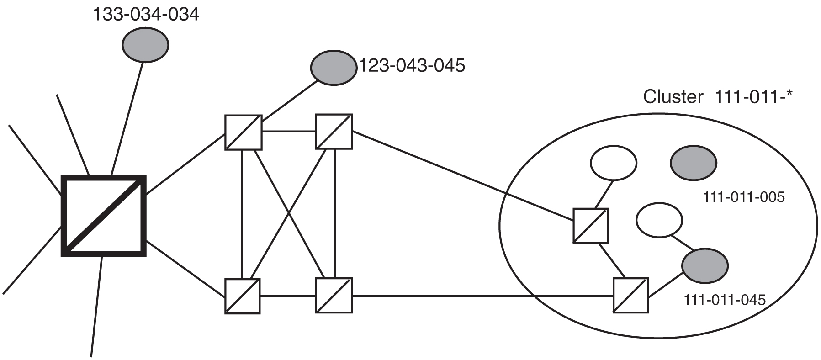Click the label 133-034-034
146,15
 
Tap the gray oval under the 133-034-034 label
145,44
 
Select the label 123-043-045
411,65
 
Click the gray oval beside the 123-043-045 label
334,68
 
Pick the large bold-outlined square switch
104,216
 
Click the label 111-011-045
724,300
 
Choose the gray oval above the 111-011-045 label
705,265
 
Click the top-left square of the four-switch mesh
244,132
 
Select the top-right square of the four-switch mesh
334,132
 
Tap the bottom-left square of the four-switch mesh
243,296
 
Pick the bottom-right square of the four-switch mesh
334,295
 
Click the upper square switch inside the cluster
591,226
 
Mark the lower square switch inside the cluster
630,295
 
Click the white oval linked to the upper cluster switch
613,163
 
